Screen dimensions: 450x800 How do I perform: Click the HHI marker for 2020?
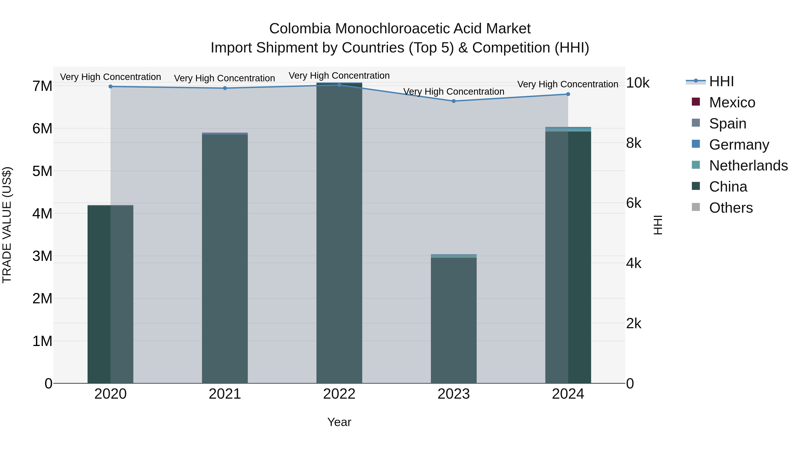point(111,86)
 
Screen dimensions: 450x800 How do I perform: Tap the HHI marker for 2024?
point(568,94)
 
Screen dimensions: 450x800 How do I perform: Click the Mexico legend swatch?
point(696,102)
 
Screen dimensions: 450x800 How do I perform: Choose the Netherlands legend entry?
point(748,166)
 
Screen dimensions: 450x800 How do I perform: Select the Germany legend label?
point(739,145)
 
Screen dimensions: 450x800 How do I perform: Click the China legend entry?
point(728,187)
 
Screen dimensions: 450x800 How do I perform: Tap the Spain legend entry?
point(727,124)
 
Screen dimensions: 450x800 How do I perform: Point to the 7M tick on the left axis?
point(42,86)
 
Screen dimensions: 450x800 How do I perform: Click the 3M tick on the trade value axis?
point(42,256)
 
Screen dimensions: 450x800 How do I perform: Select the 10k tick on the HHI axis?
point(638,83)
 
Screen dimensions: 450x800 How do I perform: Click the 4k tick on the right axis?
point(634,263)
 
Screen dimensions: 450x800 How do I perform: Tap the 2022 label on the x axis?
point(339,394)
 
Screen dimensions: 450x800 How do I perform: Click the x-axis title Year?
point(339,422)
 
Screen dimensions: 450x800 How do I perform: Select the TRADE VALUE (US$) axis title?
point(7,225)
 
